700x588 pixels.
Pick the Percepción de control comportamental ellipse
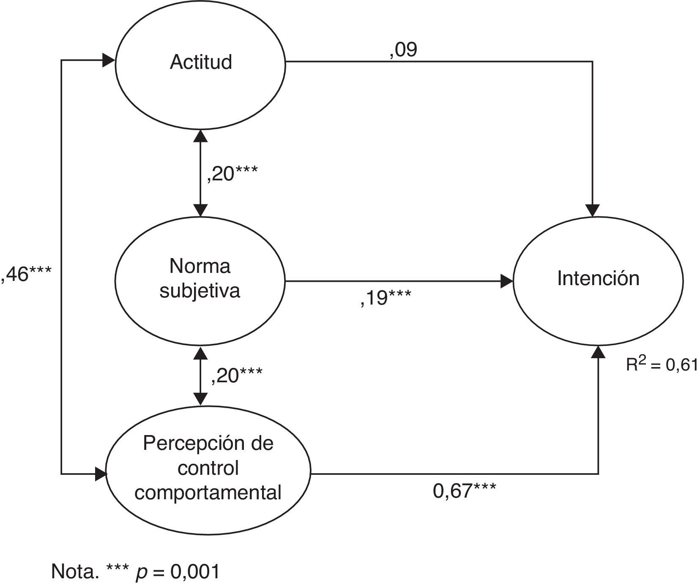point(208,469)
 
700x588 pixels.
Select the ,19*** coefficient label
point(386,298)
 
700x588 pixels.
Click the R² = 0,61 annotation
point(662,364)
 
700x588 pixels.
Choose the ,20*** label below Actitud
point(232,173)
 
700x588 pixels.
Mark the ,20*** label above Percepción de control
point(236,375)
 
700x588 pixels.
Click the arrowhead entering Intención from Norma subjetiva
point(507,281)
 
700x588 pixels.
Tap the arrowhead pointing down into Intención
point(593,210)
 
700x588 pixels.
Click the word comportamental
point(208,493)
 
